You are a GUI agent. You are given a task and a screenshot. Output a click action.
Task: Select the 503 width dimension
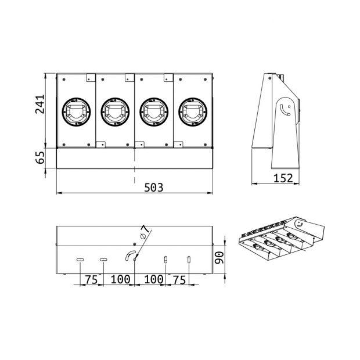(153, 187)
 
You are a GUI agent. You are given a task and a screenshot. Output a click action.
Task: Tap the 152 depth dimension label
(282, 178)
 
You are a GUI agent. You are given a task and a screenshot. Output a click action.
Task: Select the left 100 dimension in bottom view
(120, 279)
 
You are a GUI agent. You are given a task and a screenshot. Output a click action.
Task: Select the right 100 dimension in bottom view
(153, 279)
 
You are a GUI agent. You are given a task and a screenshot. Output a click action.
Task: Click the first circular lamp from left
(76, 110)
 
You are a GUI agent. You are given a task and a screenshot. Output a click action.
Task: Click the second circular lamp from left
(115, 110)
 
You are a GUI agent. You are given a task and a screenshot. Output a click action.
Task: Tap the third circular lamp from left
(154, 110)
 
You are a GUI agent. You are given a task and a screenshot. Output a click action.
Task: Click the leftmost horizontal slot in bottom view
(81, 259)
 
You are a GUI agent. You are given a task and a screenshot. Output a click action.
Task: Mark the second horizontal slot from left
(103, 259)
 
